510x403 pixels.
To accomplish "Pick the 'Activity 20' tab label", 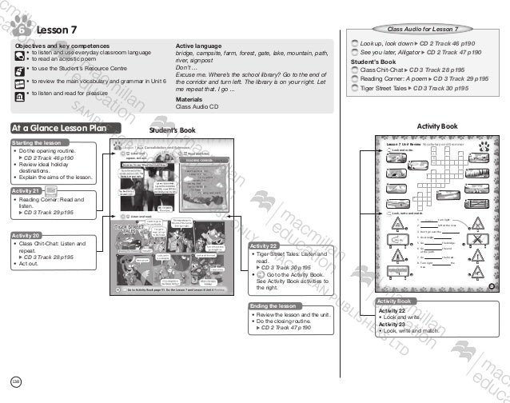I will point(28,236).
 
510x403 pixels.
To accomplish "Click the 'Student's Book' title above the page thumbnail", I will point(173,129).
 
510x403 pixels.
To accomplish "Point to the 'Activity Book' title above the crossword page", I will point(438,126).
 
